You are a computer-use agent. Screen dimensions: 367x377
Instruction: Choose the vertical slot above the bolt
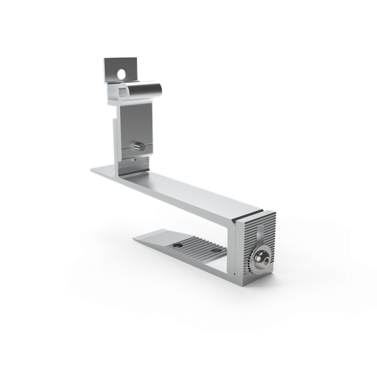pyautogui.click(x=262, y=234)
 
